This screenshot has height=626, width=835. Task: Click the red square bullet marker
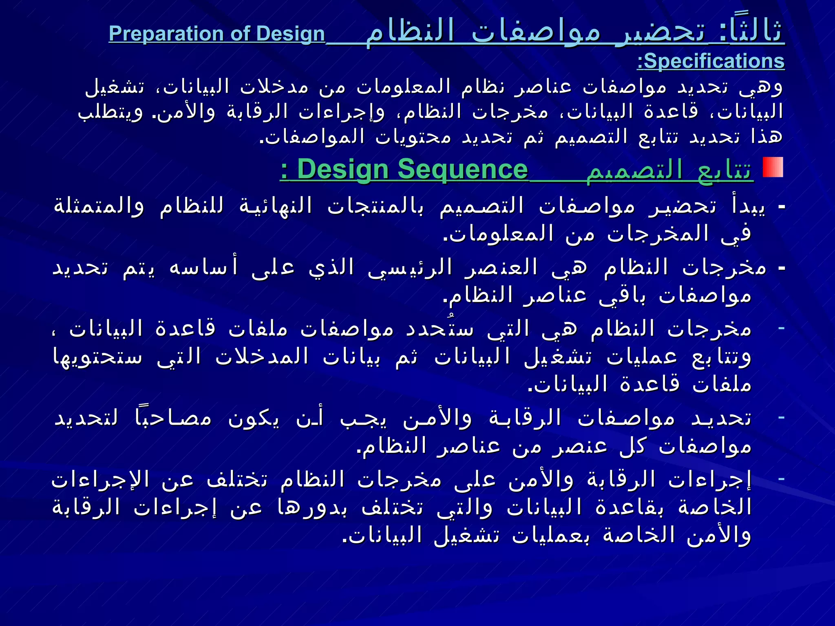pos(773,167)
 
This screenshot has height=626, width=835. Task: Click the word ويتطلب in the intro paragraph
pos(110,112)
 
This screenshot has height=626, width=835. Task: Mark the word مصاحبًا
pos(173,419)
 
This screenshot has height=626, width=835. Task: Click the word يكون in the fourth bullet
pos(253,419)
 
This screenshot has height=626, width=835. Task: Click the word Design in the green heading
pos(342,170)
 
